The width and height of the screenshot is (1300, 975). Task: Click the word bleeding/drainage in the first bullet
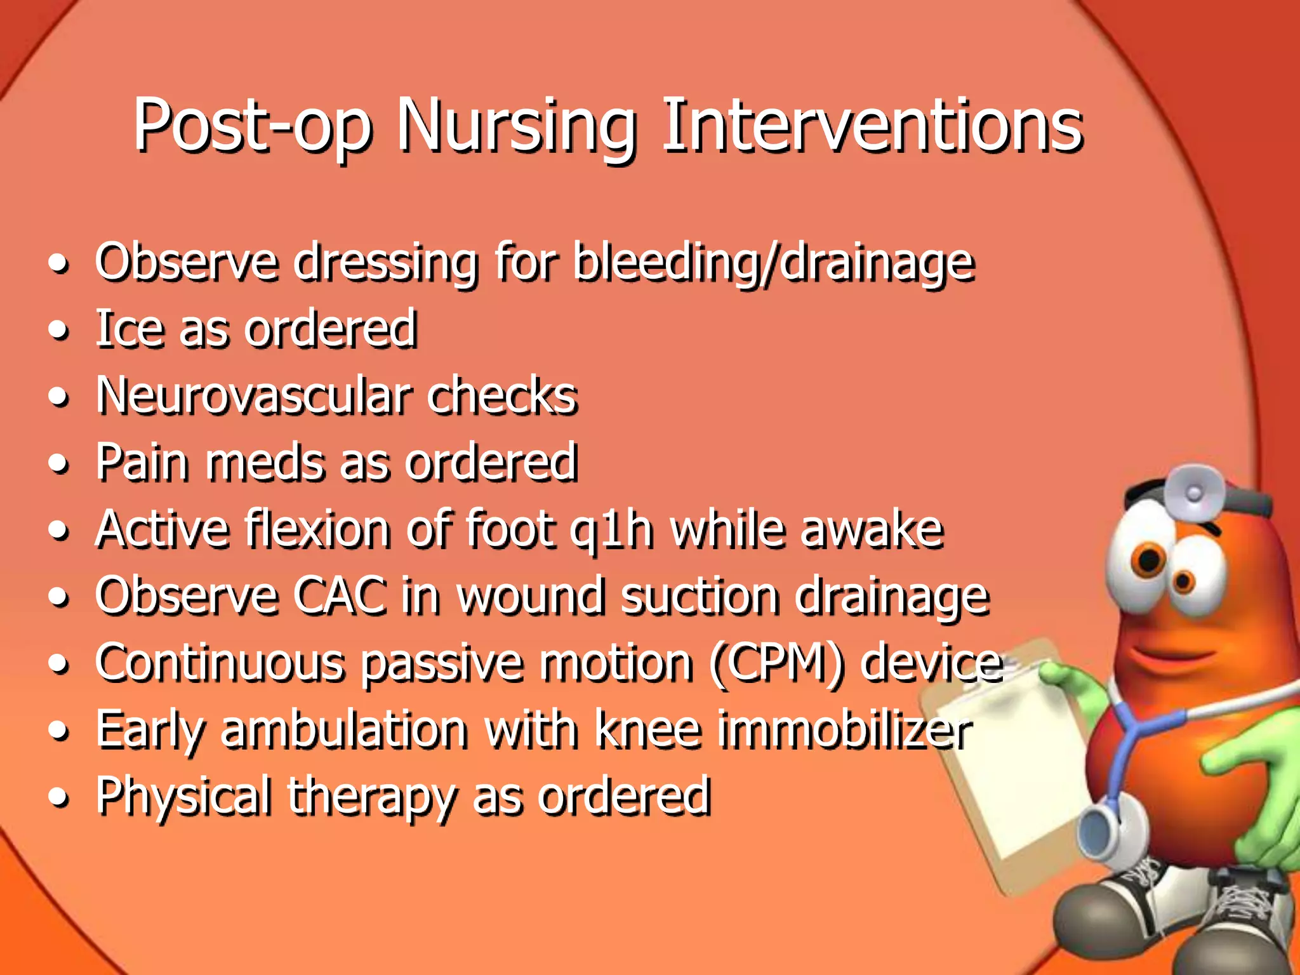[773, 263]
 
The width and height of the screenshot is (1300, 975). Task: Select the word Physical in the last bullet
[185, 797]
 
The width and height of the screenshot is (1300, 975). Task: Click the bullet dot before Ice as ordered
[58, 331]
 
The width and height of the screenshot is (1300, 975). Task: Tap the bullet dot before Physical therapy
[58, 798]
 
